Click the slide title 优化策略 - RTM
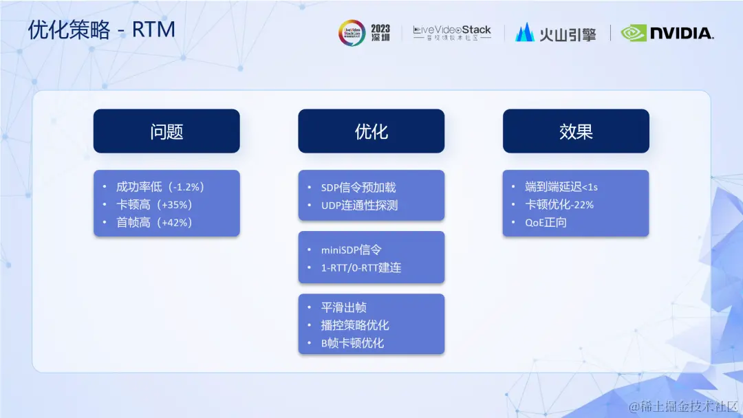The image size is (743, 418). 101,30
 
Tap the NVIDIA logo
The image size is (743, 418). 667,33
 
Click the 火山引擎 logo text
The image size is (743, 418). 568,34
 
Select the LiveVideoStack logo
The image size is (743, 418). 452,33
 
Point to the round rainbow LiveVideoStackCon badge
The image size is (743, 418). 352,33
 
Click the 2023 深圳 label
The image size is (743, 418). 380,33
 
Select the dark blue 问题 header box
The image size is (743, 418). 166,131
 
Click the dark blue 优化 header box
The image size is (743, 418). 371,131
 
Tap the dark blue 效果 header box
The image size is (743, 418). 576,131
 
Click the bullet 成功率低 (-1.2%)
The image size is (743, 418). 160,187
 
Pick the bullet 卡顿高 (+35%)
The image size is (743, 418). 155,205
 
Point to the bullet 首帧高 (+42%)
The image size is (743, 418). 155,223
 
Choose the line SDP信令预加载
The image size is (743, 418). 358,188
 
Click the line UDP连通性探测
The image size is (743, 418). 359,206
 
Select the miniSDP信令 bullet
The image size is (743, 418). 351,250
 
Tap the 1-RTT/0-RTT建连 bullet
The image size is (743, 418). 361,268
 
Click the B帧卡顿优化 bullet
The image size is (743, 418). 352,343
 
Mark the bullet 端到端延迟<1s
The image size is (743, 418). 561,187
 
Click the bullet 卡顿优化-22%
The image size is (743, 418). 559,205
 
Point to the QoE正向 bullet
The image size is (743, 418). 546,223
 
